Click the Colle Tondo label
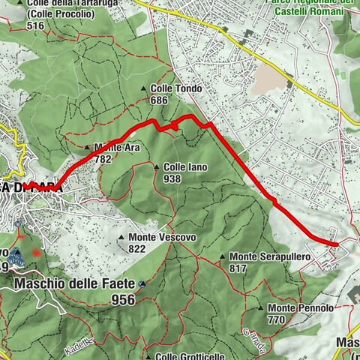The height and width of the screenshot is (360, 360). (176, 88)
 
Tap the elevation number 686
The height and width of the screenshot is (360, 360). (158, 100)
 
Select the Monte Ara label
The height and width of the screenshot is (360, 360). (113, 148)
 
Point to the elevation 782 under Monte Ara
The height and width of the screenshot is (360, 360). (103, 158)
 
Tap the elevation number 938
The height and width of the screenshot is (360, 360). (172, 179)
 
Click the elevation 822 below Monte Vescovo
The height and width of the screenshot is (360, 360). (137, 249)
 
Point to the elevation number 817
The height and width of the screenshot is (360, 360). (238, 268)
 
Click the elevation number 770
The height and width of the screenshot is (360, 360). (277, 319)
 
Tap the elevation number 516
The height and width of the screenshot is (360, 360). (34, 25)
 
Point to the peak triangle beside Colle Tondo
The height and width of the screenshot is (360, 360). (145, 88)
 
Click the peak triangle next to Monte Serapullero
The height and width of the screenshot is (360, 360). (223, 256)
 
